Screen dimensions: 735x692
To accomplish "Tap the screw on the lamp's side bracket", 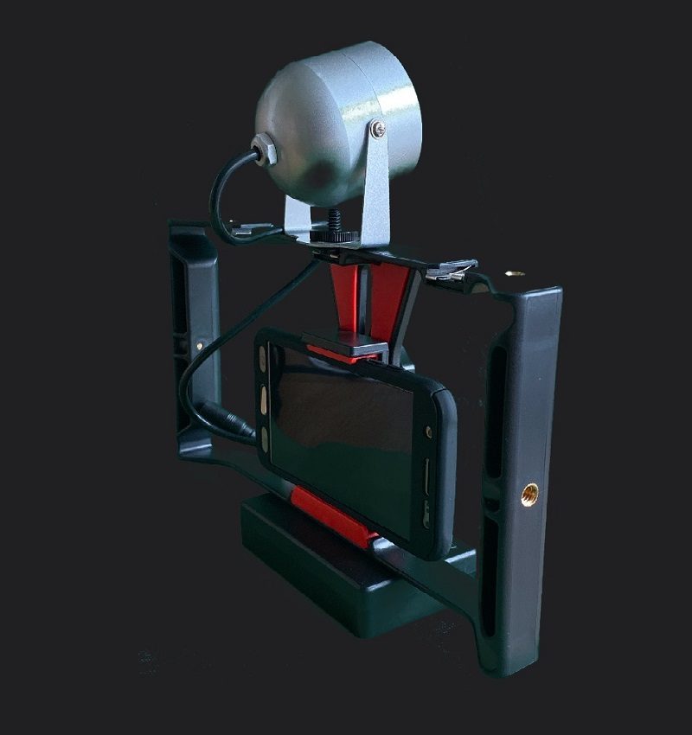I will pos(379,129).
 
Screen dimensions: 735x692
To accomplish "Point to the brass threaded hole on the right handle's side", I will pos(529,494).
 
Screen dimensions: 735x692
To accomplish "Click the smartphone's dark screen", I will pos(346,432).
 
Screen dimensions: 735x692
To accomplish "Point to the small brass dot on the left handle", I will pos(202,344).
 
